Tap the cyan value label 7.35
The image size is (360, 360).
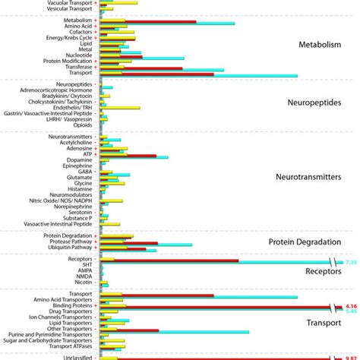pyautogui.click(x=351, y=262)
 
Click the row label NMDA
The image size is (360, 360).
pyautogui.click(x=83, y=275)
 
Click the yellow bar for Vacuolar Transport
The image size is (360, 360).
pyautogui.click(x=119, y=2)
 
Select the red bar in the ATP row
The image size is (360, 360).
pyautogui.click(x=128, y=156)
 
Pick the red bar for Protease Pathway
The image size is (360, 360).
pyautogui.click(x=129, y=243)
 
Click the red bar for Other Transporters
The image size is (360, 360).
pyautogui.click(x=130, y=330)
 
